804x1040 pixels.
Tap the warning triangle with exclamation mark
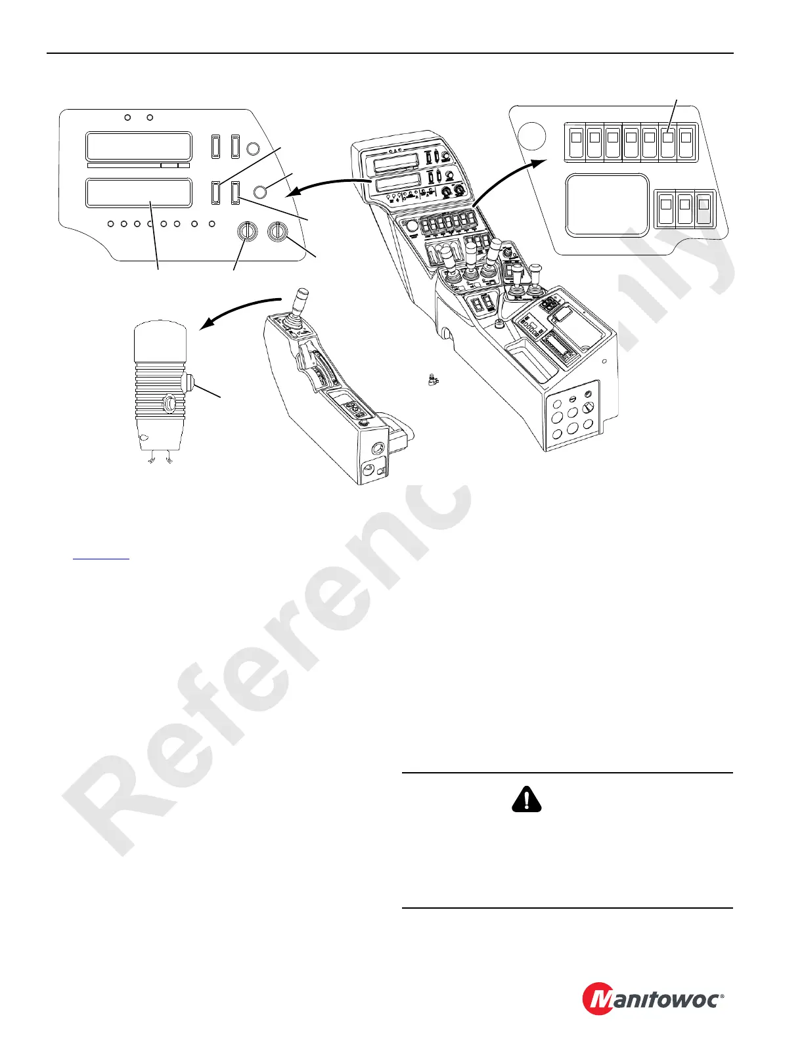(526, 799)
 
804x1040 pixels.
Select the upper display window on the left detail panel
(139, 146)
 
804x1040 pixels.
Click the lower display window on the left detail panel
(139, 193)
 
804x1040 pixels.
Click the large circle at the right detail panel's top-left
(531, 136)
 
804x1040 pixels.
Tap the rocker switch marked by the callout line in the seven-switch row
(668, 143)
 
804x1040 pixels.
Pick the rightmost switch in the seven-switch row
(686, 143)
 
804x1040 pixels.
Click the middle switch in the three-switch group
(684, 209)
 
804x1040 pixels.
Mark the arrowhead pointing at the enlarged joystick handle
(205, 325)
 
